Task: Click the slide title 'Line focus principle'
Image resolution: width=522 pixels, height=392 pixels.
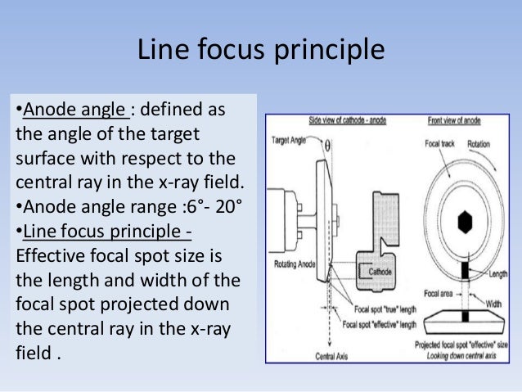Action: pyautogui.click(x=260, y=51)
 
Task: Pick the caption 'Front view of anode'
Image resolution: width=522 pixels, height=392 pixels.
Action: pyautogui.click(x=459, y=121)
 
